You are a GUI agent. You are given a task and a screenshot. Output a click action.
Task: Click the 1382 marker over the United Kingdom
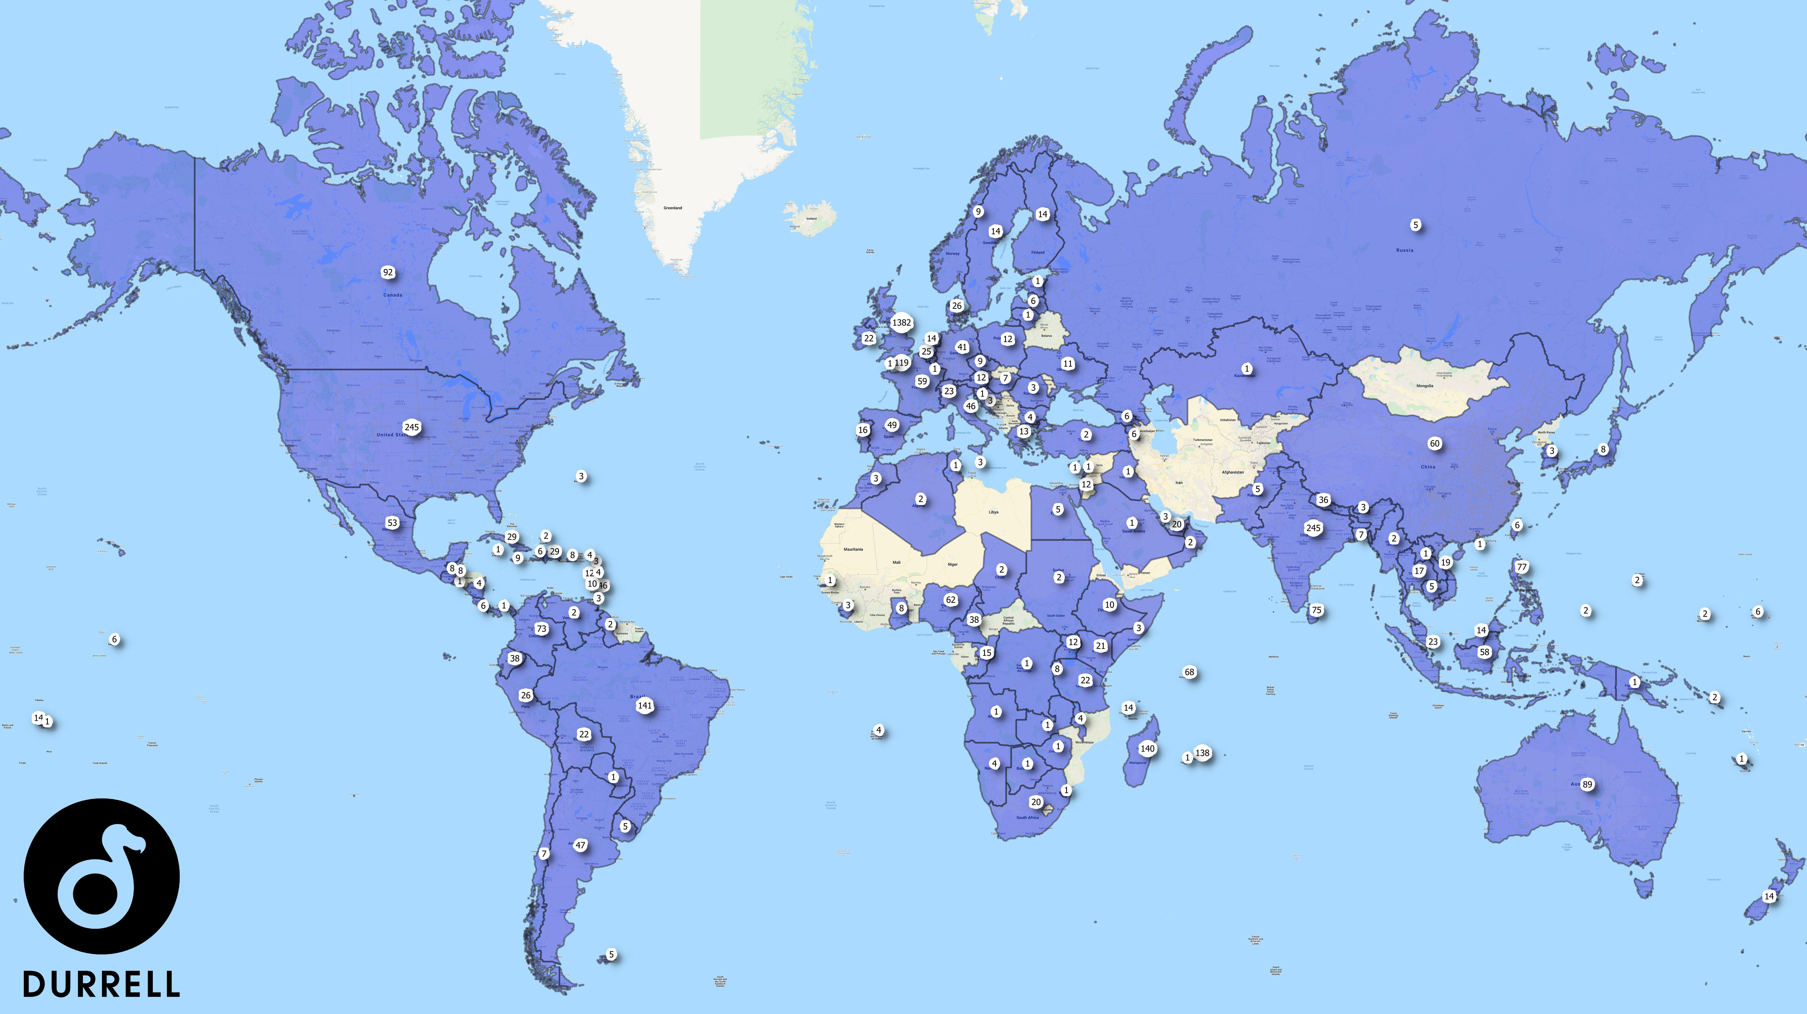[901, 323]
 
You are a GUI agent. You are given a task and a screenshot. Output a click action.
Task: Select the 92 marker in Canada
[388, 272]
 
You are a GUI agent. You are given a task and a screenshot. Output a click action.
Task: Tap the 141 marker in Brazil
[645, 705]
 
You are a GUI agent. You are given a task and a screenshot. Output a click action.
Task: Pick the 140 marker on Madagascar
[1147, 749]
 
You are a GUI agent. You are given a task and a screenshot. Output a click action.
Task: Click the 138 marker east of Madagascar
[1202, 753]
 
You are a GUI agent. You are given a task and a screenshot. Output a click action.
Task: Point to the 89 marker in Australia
[1587, 784]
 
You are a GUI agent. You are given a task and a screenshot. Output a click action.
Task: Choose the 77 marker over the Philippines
[1521, 567]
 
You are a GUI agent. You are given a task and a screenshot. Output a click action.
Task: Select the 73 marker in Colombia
[541, 629]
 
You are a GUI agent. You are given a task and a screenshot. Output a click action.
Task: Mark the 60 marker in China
[1434, 444]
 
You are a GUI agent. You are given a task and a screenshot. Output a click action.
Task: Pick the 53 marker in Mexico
[392, 523]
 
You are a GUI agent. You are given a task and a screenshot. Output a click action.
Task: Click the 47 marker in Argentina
[580, 845]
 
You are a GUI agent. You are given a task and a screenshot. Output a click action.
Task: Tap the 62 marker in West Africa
[951, 600]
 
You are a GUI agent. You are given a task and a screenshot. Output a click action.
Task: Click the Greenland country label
[673, 208]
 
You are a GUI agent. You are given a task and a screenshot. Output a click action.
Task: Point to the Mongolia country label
[1425, 386]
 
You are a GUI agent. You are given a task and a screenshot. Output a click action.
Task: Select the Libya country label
[993, 512]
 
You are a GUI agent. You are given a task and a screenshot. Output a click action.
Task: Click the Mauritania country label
[853, 549]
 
